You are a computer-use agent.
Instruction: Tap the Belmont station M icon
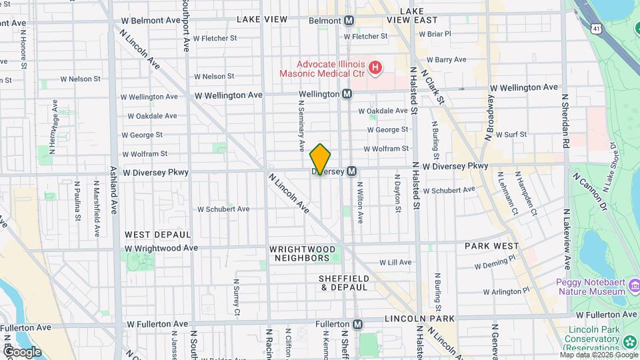click(x=349, y=21)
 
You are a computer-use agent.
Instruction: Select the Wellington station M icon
click(x=347, y=95)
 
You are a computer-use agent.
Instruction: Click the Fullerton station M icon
click(x=358, y=324)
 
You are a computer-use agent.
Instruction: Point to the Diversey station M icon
click(x=351, y=171)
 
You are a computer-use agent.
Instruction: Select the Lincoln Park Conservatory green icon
click(x=630, y=343)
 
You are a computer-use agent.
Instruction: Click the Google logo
click(x=22, y=351)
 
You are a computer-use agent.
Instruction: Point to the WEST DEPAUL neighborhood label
click(x=157, y=235)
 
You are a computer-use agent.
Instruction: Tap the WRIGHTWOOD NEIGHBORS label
click(x=299, y=253)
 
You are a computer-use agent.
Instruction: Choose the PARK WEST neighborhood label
click(x=492, y=246)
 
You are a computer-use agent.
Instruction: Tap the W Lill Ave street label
click(x=396, y=263)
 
